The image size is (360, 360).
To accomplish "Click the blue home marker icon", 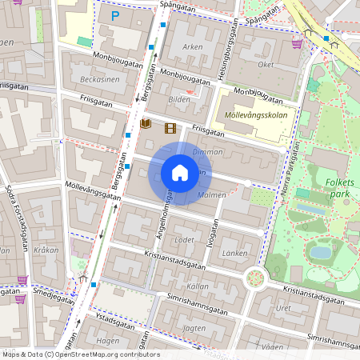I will click(180, 173).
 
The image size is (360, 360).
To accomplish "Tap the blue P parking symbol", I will click(115, 14).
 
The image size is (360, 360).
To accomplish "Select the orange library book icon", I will click(146, 123).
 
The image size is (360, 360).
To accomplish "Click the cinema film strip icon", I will click(169, 127).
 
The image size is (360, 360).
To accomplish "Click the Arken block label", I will click(193, 47).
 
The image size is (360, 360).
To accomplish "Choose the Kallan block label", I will click(197, 286).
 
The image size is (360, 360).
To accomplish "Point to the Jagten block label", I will click(194, 328).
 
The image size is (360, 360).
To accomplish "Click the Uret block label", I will click(283, 308).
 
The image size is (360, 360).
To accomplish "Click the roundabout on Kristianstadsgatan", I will click(255, 278).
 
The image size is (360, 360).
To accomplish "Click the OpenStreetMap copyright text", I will click(80, 354).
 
